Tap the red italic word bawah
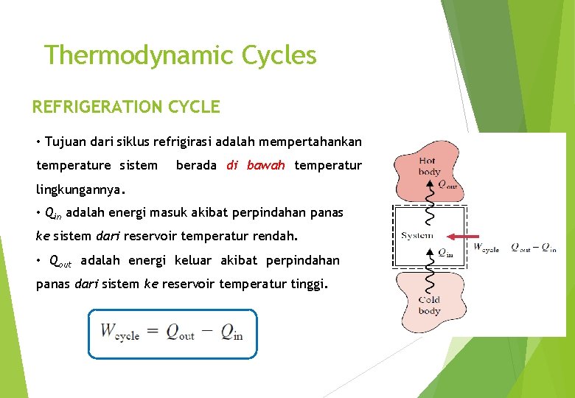(265, 165)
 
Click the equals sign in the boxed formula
(152, 331)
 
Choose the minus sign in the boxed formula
(206, 331)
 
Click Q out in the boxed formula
(179, 332)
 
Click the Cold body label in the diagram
(429, 305)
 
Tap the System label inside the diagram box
(417, 236)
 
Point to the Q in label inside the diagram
(445, 253)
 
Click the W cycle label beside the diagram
(487, 248)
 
